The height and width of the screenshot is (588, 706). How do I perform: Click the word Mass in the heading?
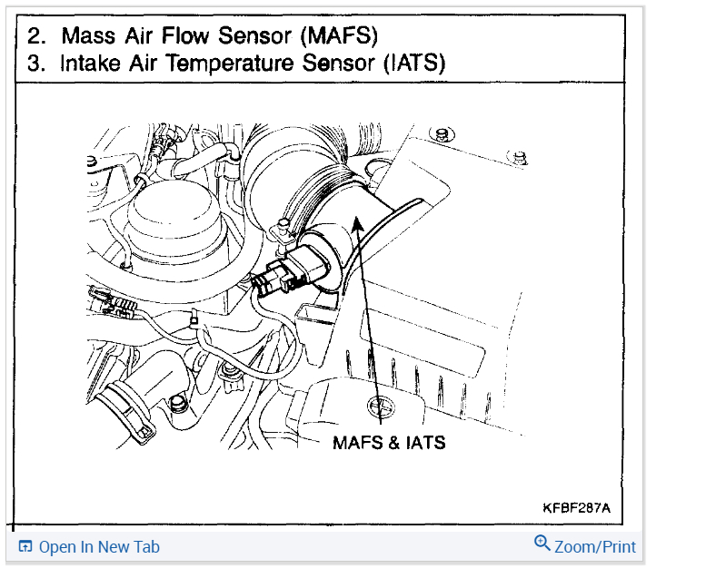click(x=92, y=36)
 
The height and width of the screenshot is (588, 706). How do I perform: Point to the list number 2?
click(x=35, y=36)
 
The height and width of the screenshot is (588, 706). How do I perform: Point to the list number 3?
click(x=35, y=64)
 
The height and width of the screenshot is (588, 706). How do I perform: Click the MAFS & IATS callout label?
click(x=389, y=444)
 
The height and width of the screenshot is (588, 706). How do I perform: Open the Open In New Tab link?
click(x=99, y=547)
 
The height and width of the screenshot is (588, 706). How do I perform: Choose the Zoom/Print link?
click(x=595, y=547)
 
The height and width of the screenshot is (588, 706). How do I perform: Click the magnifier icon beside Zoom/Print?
click(x=542, y=544)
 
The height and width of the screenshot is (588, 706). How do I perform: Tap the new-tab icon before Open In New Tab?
click(x=25, y=547)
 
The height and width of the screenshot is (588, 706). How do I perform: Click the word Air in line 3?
click(x=144, y=64)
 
